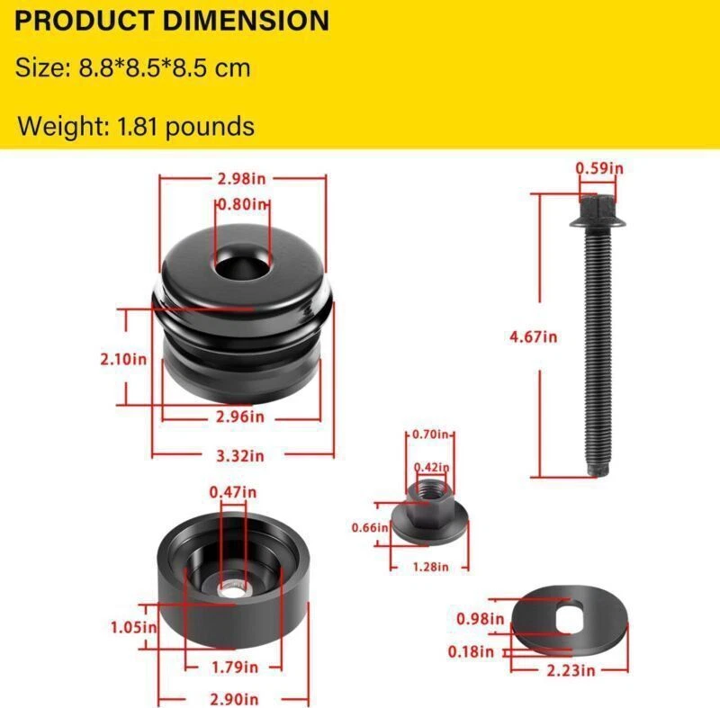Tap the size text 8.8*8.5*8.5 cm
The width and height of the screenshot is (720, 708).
(133, 67)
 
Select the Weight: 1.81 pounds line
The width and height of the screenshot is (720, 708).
(136, 126)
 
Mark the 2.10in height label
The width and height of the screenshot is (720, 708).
(123, 359)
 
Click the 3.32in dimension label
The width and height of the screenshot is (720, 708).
(242, 455)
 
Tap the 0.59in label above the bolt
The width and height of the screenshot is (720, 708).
(599, 167)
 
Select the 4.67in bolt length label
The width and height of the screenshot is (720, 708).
(535, 336)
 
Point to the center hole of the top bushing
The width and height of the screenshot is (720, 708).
(242, 264)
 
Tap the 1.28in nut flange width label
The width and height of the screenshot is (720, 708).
(429, 567)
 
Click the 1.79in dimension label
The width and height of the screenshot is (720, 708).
(235, 668)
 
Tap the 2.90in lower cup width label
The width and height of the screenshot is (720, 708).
(235, 698)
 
